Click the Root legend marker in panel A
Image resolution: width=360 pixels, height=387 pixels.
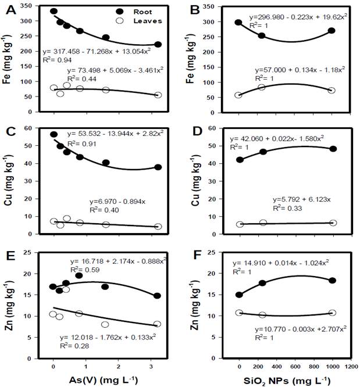pyautogui.click(x=112, y=12)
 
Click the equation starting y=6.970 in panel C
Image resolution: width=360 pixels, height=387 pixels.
pyautogui.click(x=104, y=200)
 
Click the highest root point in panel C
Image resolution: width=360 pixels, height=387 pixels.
pyautogui.click(x=54, y=134)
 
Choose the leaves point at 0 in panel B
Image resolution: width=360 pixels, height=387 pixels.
pyautogui.click(x=238, y=95)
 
